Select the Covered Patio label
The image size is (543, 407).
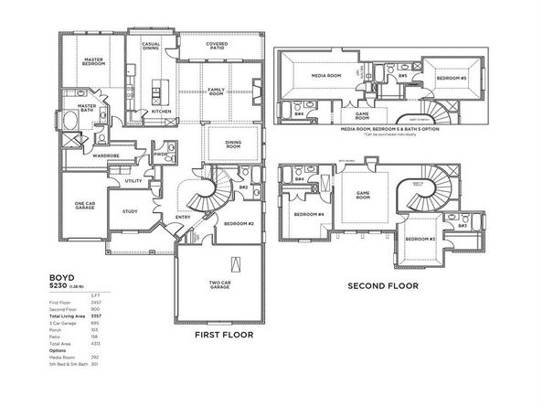217,48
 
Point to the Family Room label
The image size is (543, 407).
216,91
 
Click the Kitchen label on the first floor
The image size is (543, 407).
161,112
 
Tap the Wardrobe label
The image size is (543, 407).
107,156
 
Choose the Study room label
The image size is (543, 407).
129,211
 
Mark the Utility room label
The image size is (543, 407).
133,181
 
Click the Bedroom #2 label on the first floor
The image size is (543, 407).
239,223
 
